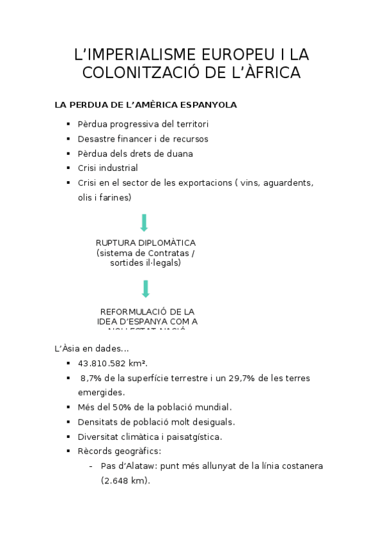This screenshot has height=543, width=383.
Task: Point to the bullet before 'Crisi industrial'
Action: tap(68, 168)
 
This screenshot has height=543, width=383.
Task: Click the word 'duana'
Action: tap(180, 154)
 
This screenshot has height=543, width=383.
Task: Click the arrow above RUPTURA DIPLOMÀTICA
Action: tap(145, 223)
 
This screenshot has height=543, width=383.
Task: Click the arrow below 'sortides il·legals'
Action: tap(145, 289)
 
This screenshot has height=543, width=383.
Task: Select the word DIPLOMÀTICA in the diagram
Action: tap(168, 243)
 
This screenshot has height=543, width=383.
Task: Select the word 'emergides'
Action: tap(101, 393)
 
